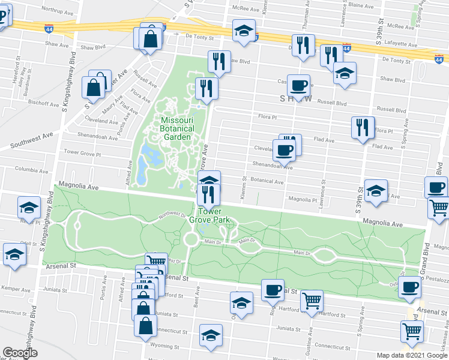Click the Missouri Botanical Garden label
coord(177,128)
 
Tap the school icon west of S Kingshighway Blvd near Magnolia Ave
coord(28,208)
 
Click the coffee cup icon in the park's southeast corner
coord(409,287)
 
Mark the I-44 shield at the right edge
coord(440,59)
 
